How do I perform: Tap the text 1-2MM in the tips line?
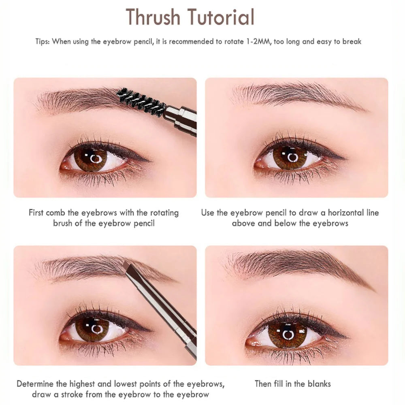[x=257, y=41]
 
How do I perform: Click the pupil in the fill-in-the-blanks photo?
[x=288, y=335]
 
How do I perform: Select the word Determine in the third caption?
[x=36, y=384]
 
